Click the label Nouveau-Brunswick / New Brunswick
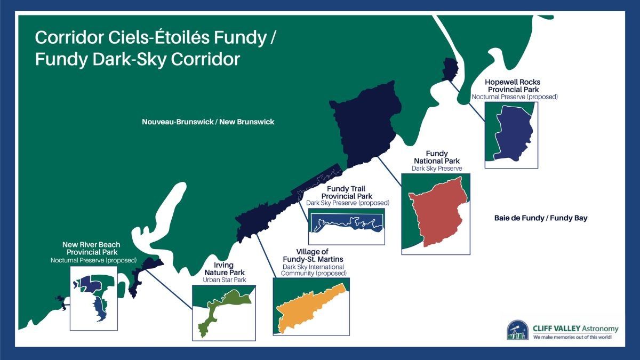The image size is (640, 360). (208, 122)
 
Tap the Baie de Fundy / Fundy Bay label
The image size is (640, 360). (540, 218)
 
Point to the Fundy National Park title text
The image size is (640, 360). (436, 157)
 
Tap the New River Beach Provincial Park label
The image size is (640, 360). (92, 248)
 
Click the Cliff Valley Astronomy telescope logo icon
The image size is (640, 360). (517, 330)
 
